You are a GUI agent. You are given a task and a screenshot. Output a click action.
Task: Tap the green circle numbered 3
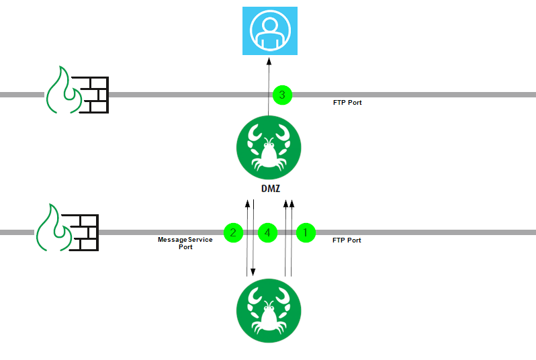(282, 95)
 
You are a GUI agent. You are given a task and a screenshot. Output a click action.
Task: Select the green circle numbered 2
(233, 232)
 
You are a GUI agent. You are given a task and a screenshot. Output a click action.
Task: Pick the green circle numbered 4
(267, 232)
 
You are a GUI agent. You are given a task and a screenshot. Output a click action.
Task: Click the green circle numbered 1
(306, 232)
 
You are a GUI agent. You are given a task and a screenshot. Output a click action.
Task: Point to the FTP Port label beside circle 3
(347, 103)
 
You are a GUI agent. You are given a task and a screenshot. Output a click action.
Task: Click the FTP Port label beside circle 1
(347, 240)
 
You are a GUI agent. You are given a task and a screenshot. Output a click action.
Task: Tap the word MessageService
(185, 239)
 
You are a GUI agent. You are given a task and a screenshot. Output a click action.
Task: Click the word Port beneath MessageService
(185, 247)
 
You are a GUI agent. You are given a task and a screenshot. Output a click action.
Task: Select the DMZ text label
(271, 188)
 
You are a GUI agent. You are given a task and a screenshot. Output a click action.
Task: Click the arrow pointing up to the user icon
(269, 77)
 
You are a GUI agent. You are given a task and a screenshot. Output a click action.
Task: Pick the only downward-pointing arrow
(253, 249)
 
